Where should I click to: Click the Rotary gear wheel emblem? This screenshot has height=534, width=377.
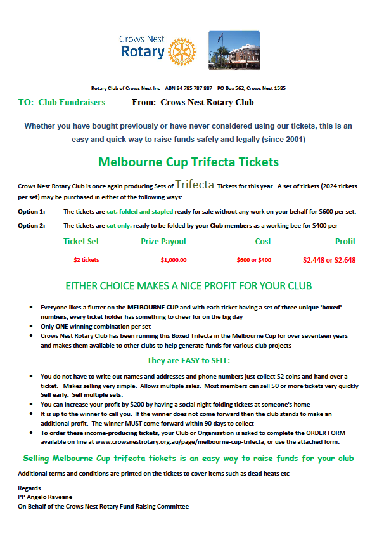click(183, 49)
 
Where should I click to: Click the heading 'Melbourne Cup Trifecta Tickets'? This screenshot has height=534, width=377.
click(188, 162)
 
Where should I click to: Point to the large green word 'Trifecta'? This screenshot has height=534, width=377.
click(195, 185)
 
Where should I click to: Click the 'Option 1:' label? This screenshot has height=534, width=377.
click(32, 211)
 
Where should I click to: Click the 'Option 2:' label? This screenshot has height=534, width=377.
click(32, 225)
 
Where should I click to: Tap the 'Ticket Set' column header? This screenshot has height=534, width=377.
click(81, 241)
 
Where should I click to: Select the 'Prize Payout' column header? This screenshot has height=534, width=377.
click(163, 241)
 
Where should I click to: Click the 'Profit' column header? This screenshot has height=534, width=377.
click(345, 241)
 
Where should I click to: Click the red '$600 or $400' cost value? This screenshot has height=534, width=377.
click(253, 260)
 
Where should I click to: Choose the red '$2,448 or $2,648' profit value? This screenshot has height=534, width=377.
click(329, 260)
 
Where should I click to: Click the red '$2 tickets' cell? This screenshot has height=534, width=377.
click(86, 260)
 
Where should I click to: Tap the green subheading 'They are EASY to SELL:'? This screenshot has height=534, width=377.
click(188, 360)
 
